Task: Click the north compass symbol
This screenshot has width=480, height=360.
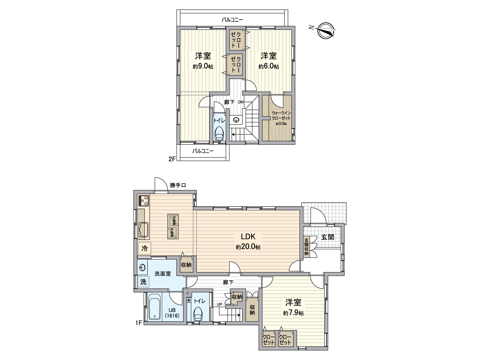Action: point(325,31)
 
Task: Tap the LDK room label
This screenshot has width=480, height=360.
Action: point(248,236)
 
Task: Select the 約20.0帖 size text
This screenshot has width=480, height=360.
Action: point(248,247)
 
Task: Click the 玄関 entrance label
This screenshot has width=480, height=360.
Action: point(328,237)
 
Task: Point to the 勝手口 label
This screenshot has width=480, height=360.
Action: point(178,185)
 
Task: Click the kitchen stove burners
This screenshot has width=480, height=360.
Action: point(143,200)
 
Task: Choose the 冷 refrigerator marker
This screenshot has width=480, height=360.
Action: point(145,248)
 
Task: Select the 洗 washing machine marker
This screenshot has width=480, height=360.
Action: point(144,282)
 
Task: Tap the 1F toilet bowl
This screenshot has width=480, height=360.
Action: point(198,316)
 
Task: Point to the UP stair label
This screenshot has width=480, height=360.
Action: point(220,304)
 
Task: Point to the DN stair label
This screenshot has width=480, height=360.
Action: point(241,102)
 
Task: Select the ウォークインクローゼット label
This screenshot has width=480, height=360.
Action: point(281,116)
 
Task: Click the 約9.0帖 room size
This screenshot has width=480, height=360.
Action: point(203,67)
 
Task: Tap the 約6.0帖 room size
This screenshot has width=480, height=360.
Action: point(269,67)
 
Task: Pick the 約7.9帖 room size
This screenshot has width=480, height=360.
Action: point(293,313)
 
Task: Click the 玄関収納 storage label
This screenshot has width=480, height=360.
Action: point(306,247)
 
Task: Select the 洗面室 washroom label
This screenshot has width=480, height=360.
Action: point(163,274)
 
